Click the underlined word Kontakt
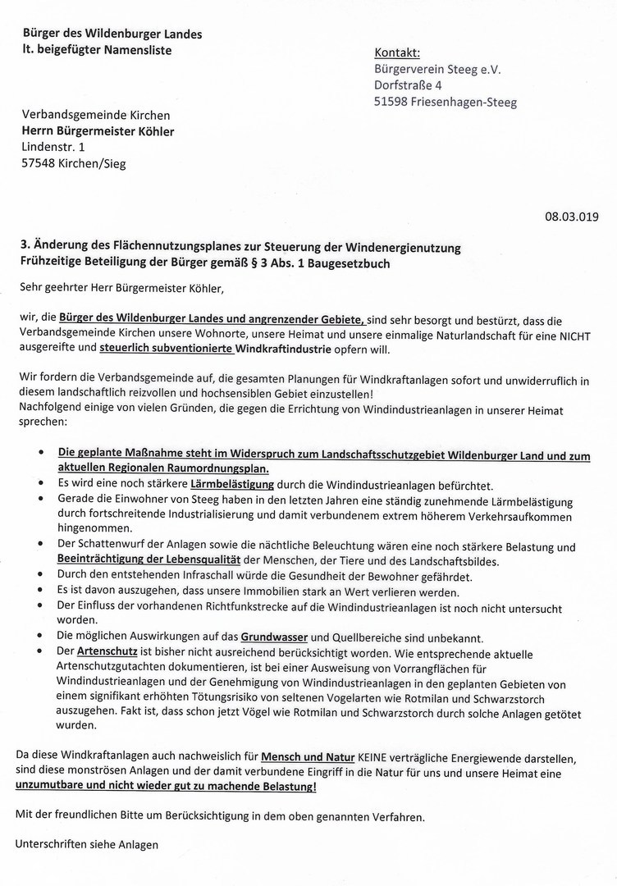398,53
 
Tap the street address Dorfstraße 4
409,85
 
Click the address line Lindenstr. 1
53,147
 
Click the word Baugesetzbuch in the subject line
351,263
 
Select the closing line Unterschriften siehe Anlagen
88,844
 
